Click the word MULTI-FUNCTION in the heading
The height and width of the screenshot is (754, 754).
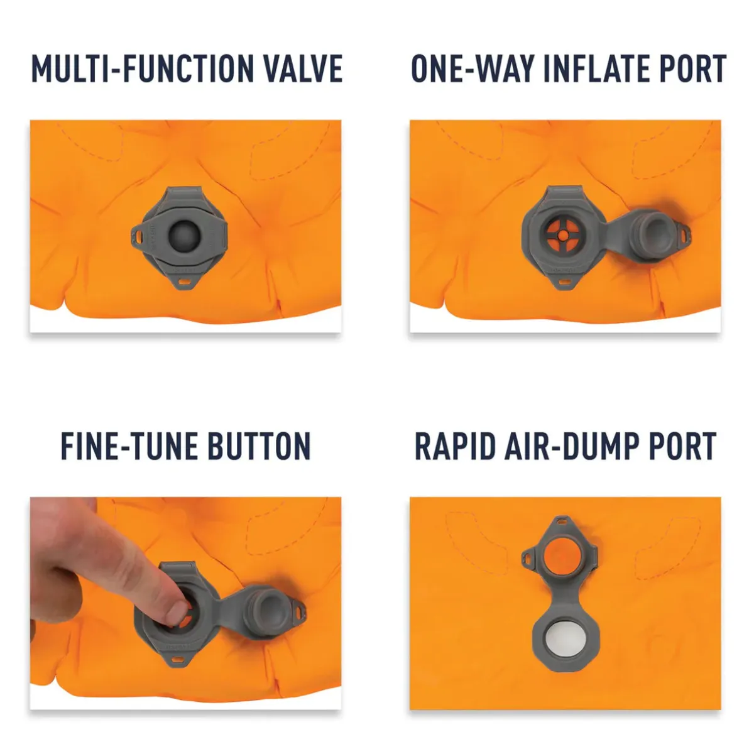pos(143,68)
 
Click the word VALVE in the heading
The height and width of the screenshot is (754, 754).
pos(304,68)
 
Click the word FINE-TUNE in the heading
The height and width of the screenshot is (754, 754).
pos(129,446)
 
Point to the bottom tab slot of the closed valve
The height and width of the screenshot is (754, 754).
pos(184,281)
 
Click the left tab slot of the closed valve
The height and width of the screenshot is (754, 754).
pos(139,236)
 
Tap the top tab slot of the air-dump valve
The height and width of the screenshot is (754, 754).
pos(562,522)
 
